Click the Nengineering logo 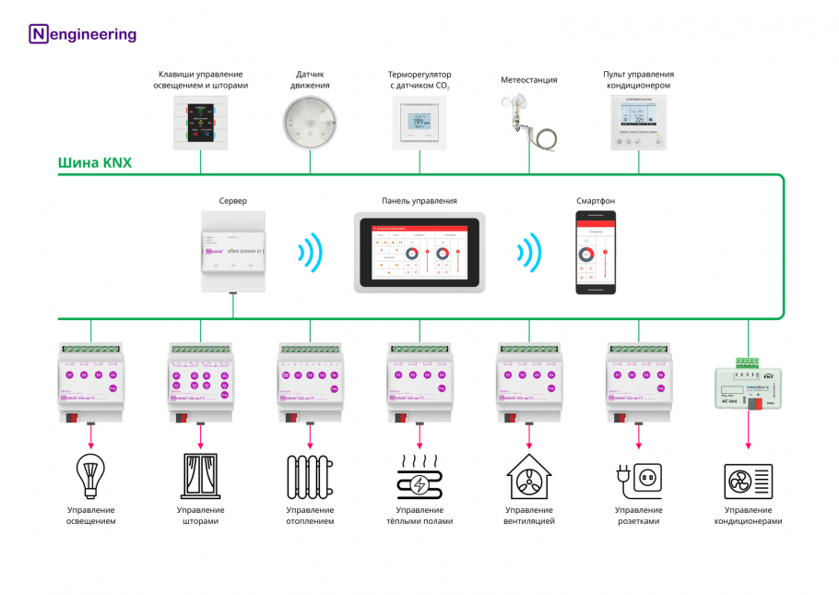83,35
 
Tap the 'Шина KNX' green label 95,163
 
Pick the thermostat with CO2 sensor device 419,122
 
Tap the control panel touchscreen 419,252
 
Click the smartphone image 596,252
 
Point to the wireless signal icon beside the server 310,252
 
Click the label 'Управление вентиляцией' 529,516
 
